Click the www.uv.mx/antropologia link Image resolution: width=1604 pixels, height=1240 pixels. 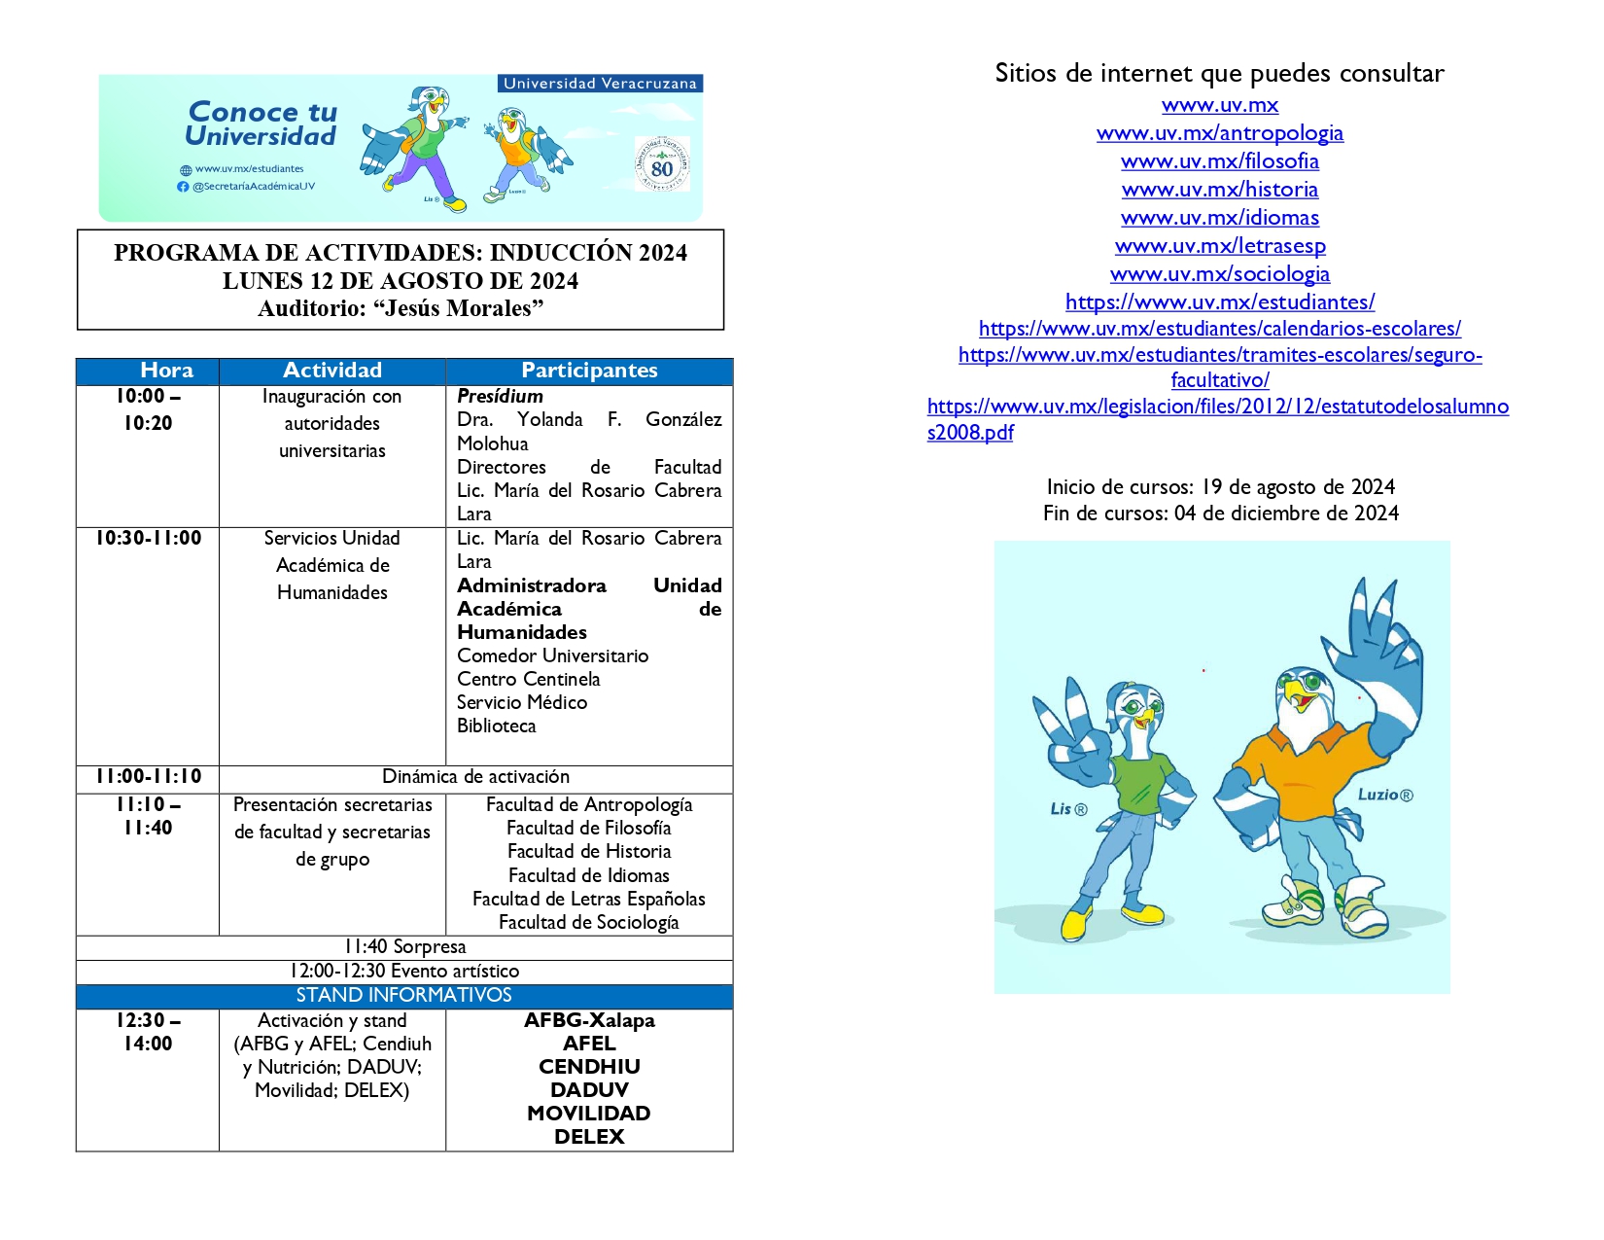[x=1219, y=133]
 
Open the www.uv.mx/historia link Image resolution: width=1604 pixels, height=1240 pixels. [x=1219, y=190]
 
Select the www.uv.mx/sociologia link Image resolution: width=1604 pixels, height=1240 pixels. [x=1219, y=274]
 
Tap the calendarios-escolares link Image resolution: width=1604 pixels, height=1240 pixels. [x=1219, y=329]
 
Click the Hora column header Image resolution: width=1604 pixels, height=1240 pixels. [x=166, y=371]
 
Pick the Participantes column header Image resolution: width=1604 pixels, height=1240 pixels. [x=589, y=371]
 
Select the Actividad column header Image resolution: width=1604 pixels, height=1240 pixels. [x=332, y=371]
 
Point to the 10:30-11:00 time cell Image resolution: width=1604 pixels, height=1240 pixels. [x=148, y=538]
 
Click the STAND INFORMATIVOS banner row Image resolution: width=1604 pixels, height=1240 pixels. [x=403, y=995]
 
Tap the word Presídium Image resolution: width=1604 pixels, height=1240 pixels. [x=500, y=396]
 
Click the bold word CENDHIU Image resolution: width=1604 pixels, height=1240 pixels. [x=589, y=1067]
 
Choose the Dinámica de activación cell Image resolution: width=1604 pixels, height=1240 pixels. [x=475, y=777]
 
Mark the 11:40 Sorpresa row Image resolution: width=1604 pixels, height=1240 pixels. [x=404, y=947]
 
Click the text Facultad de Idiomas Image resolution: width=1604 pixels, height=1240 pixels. [x=589, y=875]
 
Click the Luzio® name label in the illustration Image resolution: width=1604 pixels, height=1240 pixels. [x=1384, y=795]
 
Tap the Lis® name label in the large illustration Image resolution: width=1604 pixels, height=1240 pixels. [x=1068, y=809]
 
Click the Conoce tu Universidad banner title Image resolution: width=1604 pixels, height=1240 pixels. [x=262, y=124]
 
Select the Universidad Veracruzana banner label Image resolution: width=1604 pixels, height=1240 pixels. [x=600, y=84]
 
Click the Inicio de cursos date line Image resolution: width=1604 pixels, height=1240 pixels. [x=1220, y=486]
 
